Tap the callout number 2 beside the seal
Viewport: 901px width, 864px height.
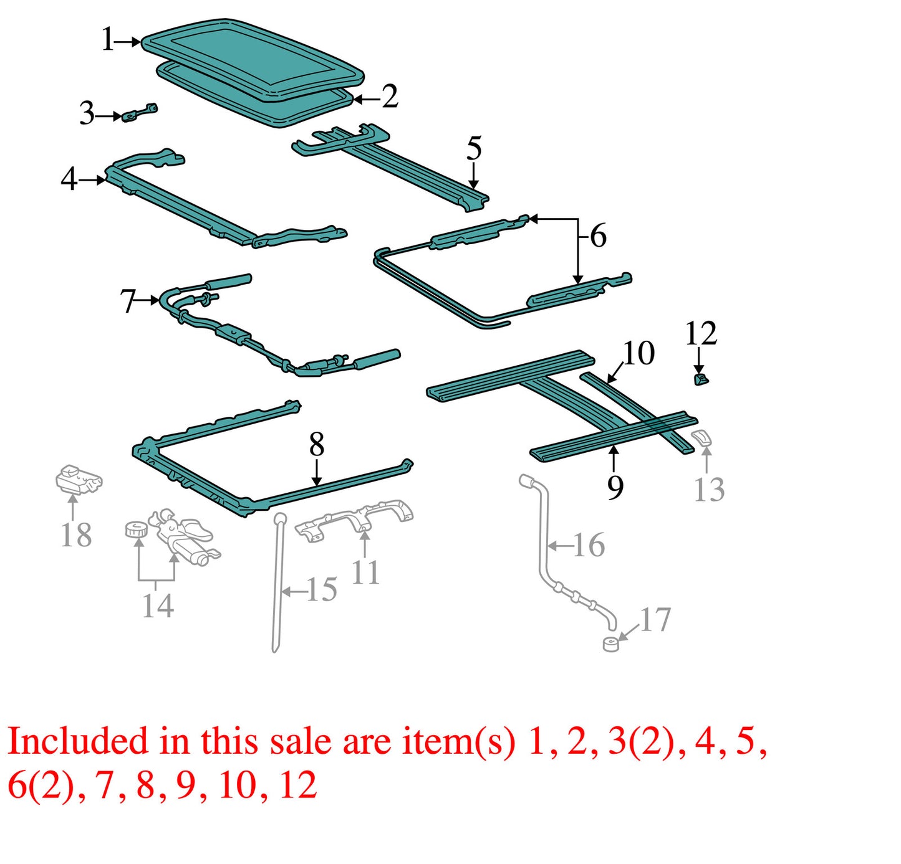(390, 97)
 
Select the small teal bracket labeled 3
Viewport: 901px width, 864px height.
(139, 113)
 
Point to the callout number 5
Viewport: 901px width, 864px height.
(474, 148)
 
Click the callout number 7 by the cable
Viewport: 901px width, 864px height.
(128, 301)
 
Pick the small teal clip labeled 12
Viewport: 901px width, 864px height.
(700, 379)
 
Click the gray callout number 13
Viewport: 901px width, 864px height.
(709, 489)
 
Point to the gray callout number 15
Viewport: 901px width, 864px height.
(322, 590)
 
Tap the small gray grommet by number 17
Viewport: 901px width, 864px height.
(611, 644)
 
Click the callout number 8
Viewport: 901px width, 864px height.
(317, 445)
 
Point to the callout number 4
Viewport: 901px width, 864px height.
(69, 179)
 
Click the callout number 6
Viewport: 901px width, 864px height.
(598, 236)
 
